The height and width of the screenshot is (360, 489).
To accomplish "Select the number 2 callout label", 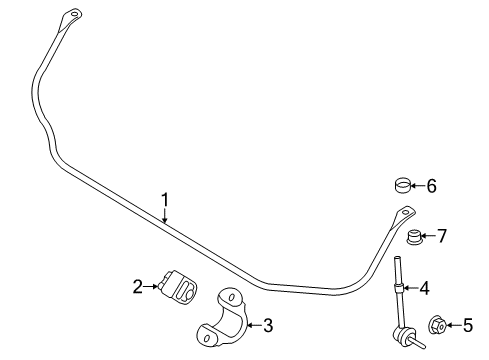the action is point(137,287).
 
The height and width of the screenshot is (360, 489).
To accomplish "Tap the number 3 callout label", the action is point(267,324).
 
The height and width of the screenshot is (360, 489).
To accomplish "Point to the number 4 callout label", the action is point(452,289).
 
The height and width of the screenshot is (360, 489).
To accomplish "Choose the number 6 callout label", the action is point(431,185).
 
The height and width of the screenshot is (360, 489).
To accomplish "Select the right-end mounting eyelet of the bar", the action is point(404,213).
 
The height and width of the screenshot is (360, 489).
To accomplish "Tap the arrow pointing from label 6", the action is point(418,186).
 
